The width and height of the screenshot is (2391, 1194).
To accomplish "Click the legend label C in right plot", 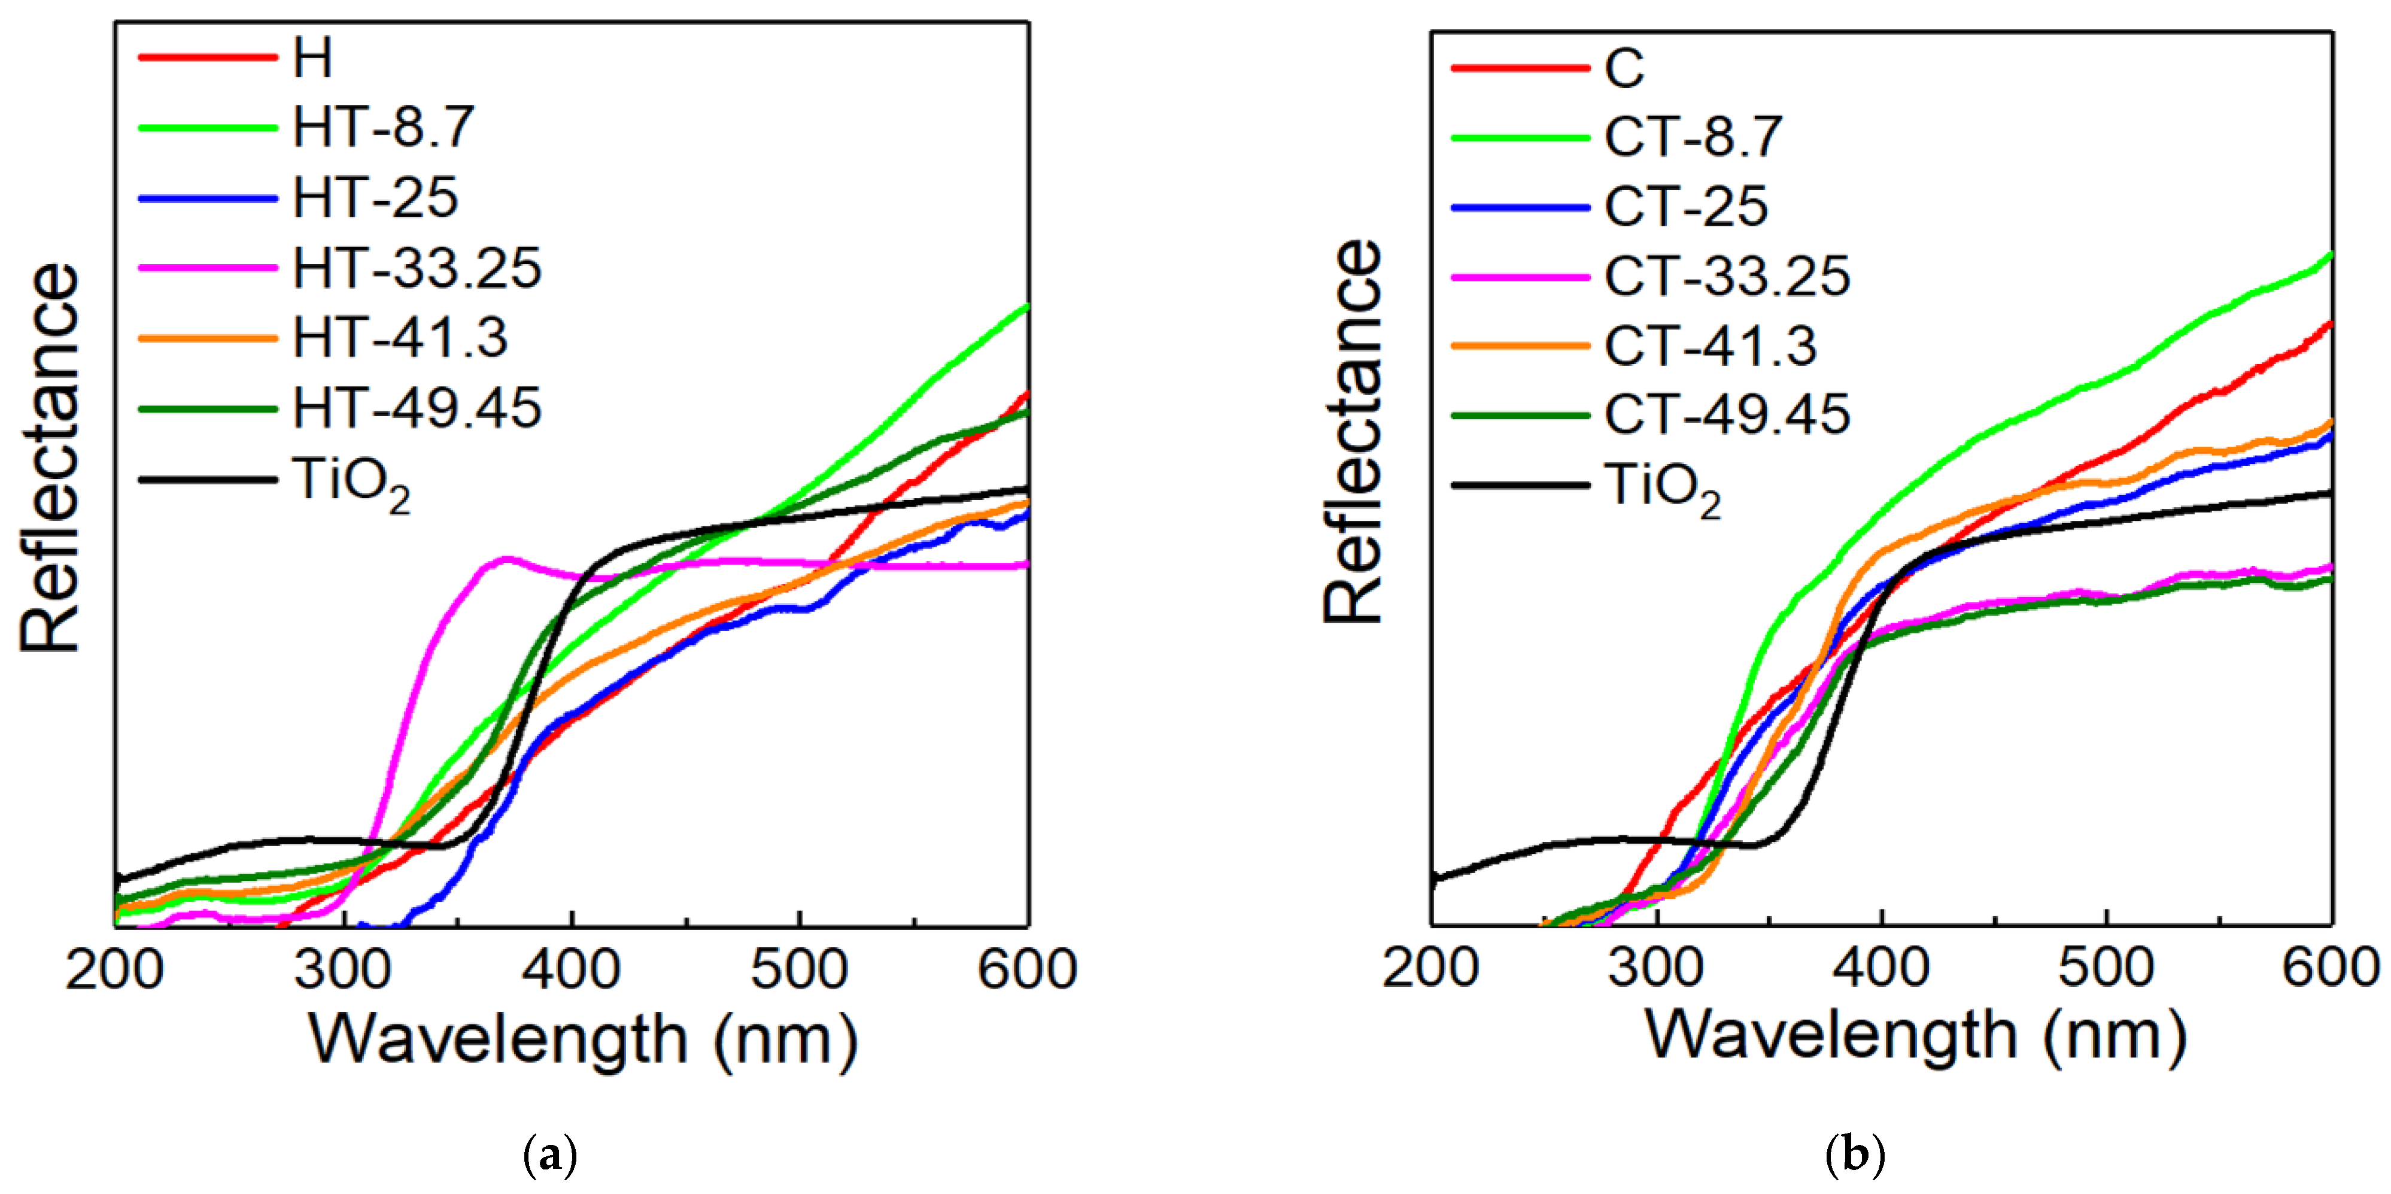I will click(x=1624, y=68).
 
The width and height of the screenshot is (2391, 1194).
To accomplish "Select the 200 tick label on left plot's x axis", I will click(x=115, y=970).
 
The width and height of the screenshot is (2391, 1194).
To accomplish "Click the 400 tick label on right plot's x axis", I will click(x=1882, y=968).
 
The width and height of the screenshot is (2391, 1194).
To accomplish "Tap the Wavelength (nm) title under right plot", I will click(x=1916, y=1036).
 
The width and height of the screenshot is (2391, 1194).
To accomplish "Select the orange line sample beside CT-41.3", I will click(x=1520, y=346).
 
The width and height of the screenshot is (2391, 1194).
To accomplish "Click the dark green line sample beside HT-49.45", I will click(x=208, y=408).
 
